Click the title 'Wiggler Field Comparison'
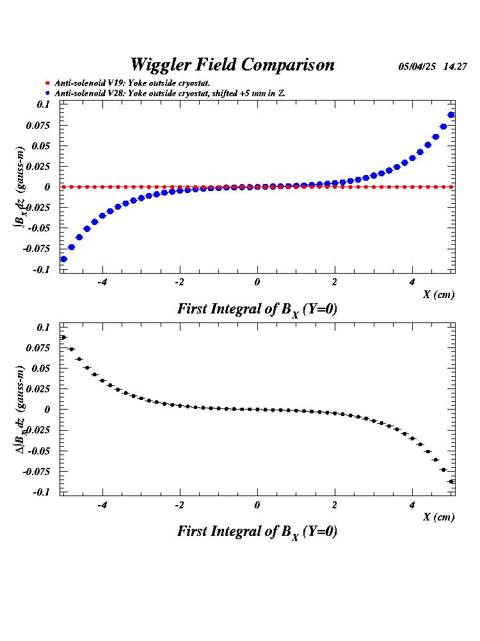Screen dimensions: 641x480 232,65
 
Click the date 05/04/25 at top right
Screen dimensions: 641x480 417,66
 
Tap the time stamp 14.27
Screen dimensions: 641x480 455,66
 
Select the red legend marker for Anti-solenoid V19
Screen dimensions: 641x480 47,83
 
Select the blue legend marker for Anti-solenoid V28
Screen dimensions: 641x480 47,94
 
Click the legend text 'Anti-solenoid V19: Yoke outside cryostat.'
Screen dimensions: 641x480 132,83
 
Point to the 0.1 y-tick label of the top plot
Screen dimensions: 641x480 43,104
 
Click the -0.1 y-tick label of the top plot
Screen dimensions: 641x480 42,269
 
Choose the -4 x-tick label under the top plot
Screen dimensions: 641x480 101,283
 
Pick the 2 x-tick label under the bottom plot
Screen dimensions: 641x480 335,505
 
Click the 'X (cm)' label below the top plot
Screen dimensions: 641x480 438,294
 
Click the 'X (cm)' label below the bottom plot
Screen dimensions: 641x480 438,517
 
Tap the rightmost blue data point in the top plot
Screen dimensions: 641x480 451,115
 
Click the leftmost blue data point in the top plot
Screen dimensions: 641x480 63,259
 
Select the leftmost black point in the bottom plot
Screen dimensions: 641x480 63,337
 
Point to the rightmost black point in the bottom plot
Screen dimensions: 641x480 451,481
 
